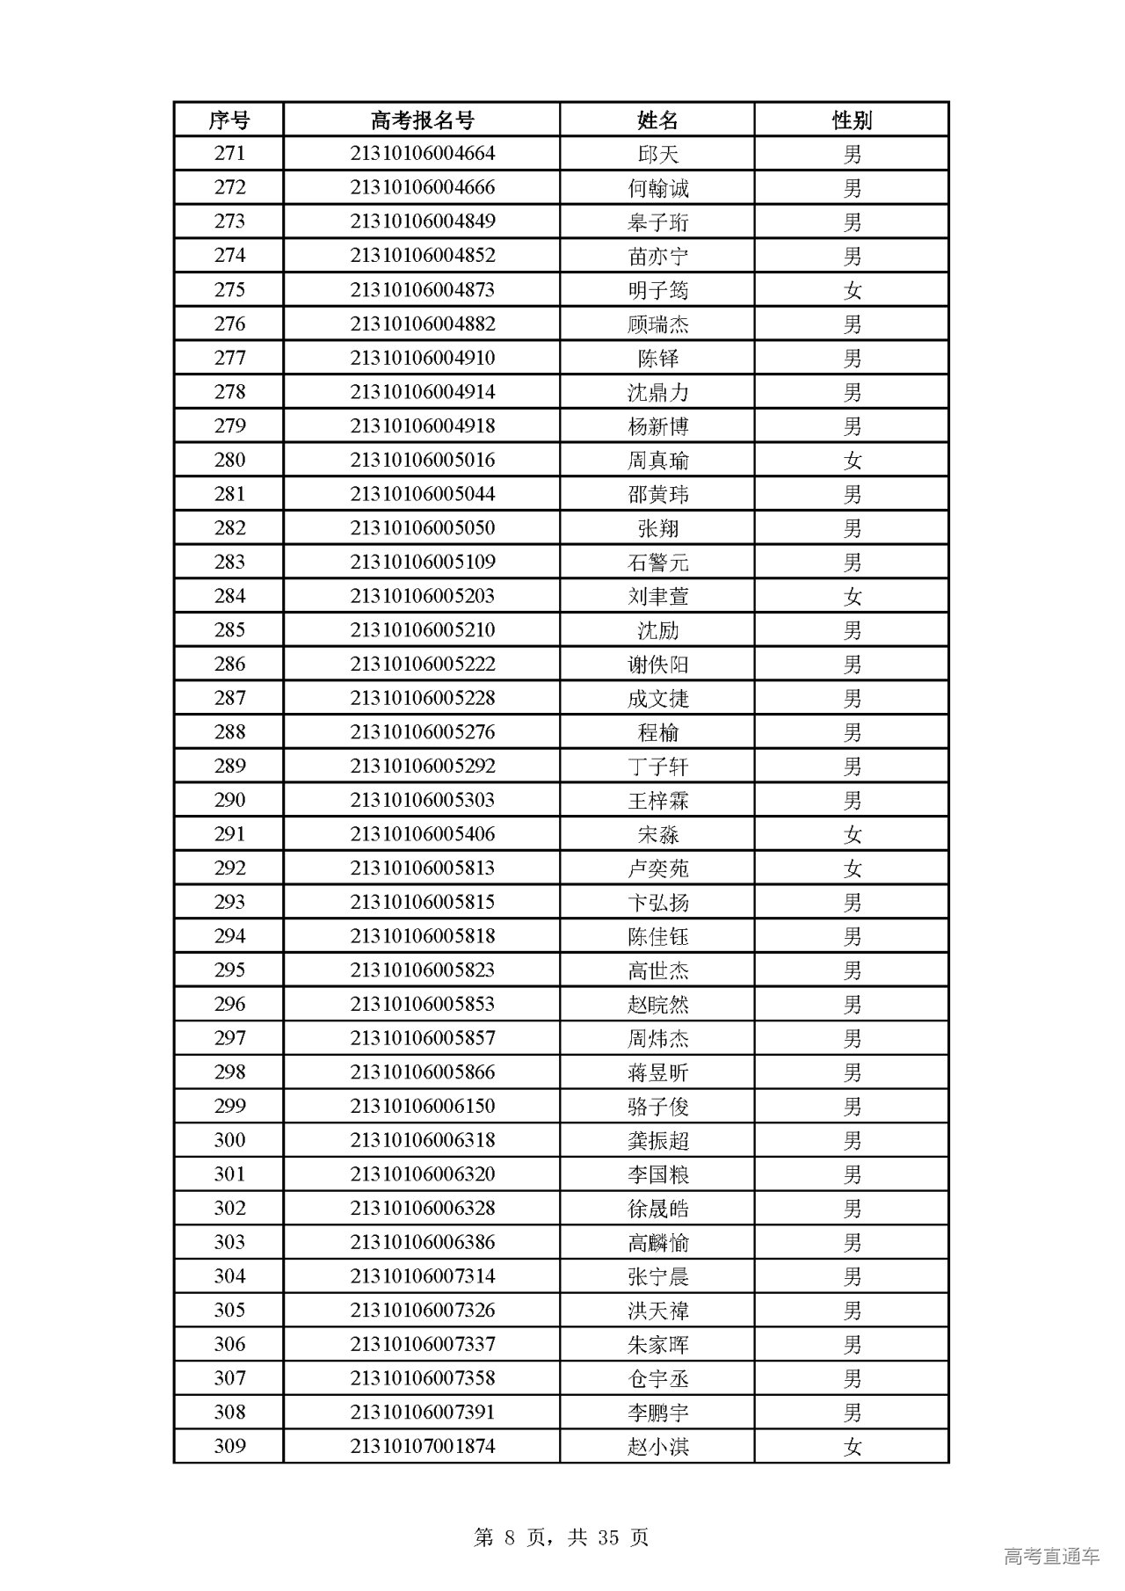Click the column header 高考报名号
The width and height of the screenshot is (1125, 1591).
[422, 120]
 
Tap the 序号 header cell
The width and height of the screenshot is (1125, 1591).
[229, 120]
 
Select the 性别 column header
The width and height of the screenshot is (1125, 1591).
[852, 120]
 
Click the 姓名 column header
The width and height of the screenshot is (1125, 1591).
[657, 120]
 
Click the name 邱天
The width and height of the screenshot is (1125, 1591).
[657, 154]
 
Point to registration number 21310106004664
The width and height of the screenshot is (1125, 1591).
[422, 154]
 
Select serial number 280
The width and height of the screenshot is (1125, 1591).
[229, 460]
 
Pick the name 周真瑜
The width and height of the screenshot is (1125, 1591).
[657, 460]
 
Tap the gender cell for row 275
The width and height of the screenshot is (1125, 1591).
[852, 290]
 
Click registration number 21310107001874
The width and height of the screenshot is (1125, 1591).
[422, 1446]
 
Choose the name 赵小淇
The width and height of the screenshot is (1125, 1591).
[657, 1446]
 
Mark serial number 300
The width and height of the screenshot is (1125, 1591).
[229, 1140]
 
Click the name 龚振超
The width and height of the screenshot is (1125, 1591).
[657, 1140]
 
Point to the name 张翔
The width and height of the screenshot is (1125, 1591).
[657, 528]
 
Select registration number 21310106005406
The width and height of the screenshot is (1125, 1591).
[422, 834]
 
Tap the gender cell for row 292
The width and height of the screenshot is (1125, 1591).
[852, 868]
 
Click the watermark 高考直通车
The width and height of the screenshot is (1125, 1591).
[1051, 1556]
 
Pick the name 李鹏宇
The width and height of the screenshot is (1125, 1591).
[657, 1413]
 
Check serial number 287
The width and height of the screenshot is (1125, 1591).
[229, 698]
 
